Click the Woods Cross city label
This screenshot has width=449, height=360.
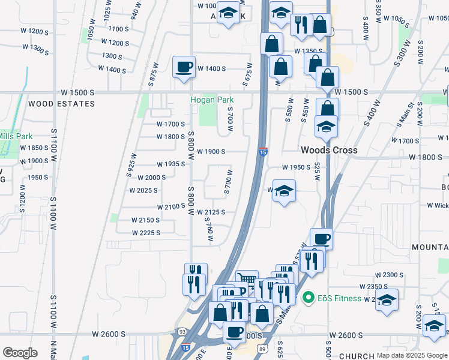coord(329,150)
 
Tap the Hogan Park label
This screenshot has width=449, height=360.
coord(212,100)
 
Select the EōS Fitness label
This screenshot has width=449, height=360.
coord(340,298)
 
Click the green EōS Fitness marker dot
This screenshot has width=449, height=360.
coord(309,297)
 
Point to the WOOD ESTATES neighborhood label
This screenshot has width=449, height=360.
coord(62,104)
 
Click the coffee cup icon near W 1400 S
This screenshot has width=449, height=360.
coord(184,67)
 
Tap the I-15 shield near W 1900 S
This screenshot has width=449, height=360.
coord(263,152)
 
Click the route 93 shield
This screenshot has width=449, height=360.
coord(182,331)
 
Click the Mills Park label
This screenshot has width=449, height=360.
coord(16,136)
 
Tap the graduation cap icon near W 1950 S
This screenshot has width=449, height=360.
coord(285,191)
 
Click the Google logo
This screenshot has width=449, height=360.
coord(20,353)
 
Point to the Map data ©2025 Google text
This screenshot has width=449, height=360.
coord(412,355)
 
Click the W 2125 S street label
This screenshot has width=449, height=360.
coord(211,212)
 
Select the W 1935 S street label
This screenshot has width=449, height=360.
coord(170,164)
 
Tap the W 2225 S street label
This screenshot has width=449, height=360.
coord(146,233)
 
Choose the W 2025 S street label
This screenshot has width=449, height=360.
coord(143,190)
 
